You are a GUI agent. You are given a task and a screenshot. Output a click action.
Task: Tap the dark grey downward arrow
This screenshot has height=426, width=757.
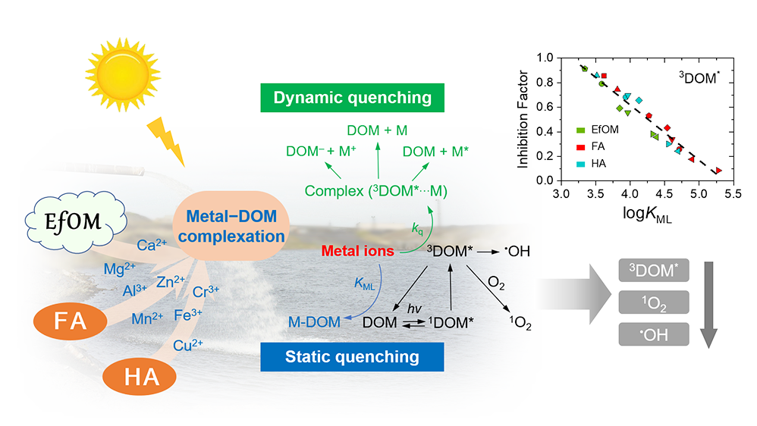click(x=709, y=303)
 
